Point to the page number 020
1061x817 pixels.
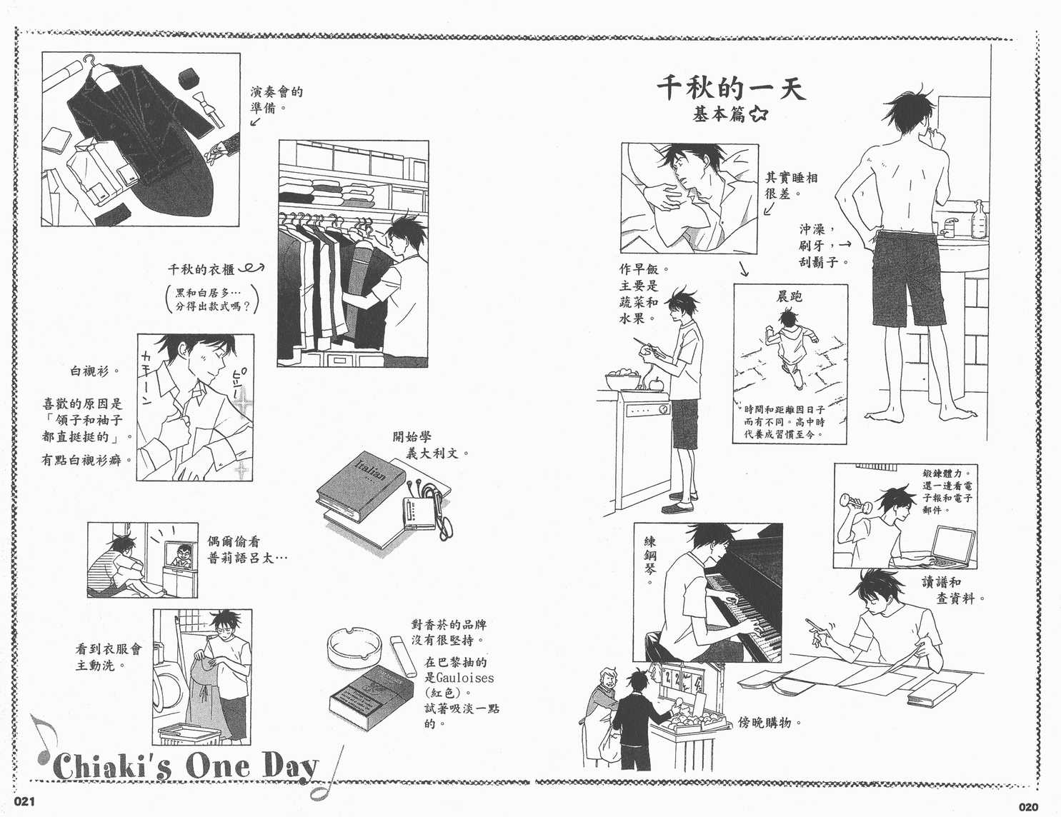click(1027, 807)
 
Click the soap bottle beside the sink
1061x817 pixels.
click(980, 219)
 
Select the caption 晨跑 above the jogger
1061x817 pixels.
click(789, 295)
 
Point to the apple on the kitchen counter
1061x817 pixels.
click(653, 382)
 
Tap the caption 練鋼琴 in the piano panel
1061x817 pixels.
click(649, 561)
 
